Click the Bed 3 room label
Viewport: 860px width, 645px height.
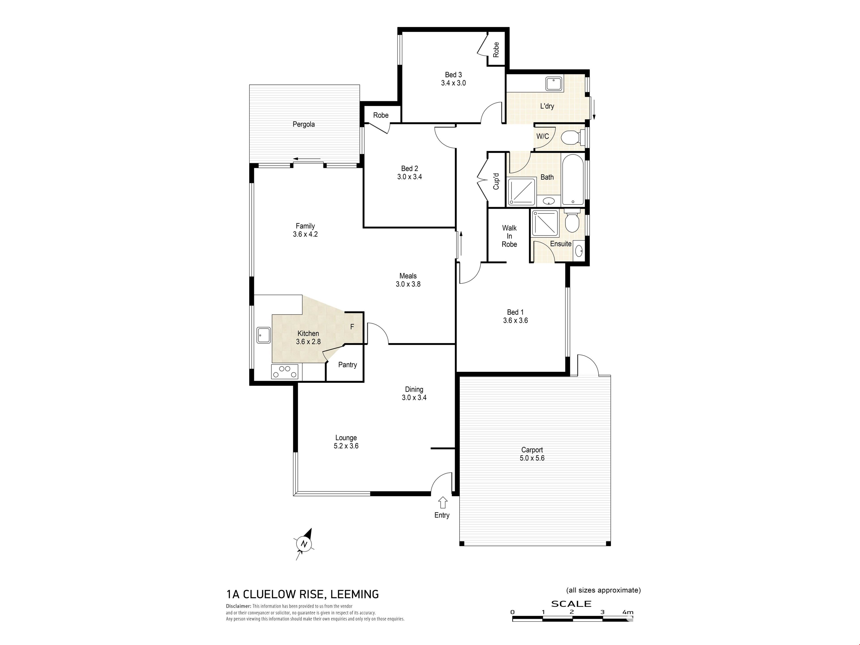point(453,75)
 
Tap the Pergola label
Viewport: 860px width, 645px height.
point(304,125)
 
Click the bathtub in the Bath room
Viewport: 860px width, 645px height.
point(573,180)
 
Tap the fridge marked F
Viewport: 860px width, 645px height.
point(354,327)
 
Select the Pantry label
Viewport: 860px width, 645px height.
point(347,365)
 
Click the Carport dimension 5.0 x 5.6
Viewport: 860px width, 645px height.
point(532,458)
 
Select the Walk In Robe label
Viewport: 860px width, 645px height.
point(509,236)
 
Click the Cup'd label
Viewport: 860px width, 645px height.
point(496,181)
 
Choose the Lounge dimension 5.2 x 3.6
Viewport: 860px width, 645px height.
point(346,446)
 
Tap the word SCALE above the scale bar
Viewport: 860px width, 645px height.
point(571,604)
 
